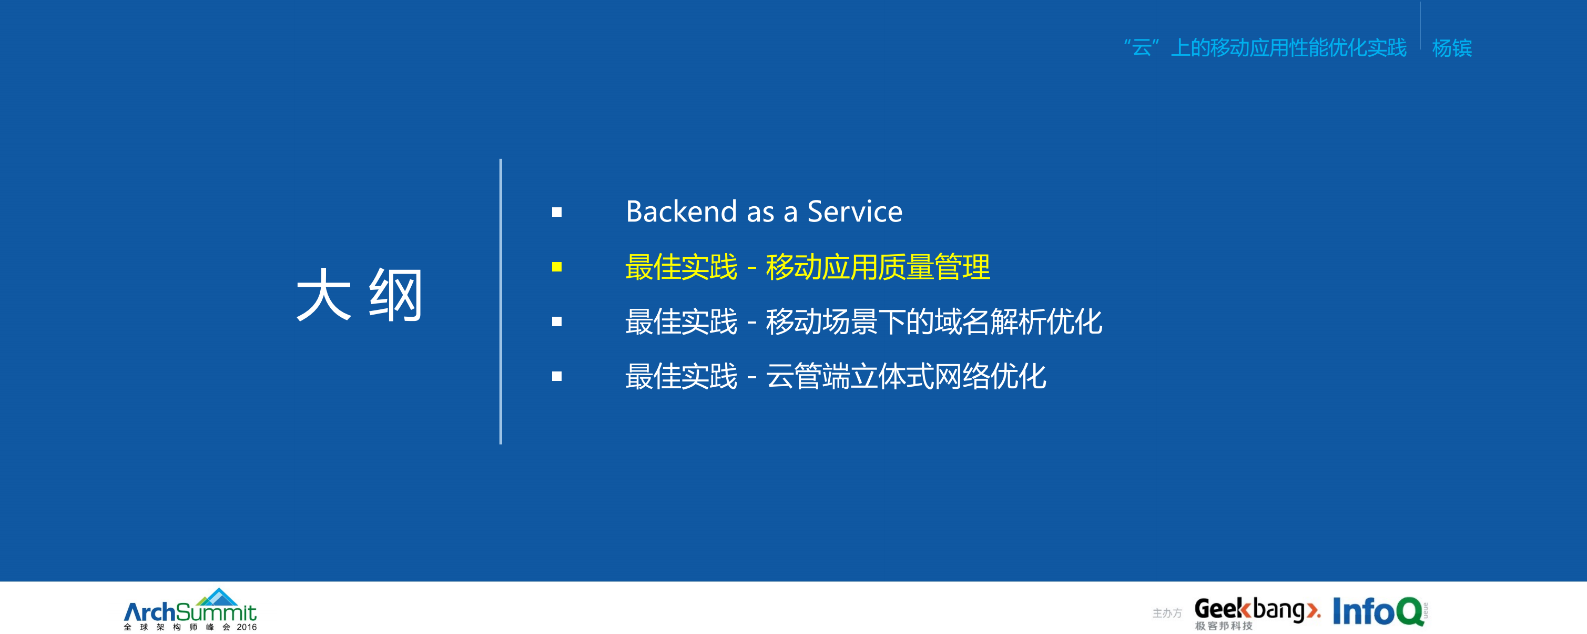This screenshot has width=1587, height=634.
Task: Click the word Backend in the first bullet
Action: coord(681,212)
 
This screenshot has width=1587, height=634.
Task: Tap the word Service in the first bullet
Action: coord(854,212)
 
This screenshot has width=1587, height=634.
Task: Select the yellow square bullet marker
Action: coord(557,267)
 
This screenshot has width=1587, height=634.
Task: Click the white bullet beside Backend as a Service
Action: coord(557,213)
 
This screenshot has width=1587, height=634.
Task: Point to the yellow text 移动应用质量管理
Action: coord(878,267)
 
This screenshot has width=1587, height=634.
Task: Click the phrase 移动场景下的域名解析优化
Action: coord(934,321)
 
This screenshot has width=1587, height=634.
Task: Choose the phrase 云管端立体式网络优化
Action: coord(906,377)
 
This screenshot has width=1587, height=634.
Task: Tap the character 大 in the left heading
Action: coord(324,295)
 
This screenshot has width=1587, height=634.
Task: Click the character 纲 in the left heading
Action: coord(396,295)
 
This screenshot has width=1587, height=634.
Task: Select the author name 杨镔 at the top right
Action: coord(1451,48)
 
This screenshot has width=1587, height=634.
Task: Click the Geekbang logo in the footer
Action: coord(1257,609)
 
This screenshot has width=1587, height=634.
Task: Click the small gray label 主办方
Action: coord(1167,613)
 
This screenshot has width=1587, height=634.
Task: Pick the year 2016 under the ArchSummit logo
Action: coord(247,627)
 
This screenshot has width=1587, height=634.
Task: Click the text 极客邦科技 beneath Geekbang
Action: coord(1224,626)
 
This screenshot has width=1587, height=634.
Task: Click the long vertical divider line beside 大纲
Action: coord(501,301)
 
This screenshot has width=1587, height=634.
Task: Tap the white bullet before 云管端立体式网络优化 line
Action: coord(557,377)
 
